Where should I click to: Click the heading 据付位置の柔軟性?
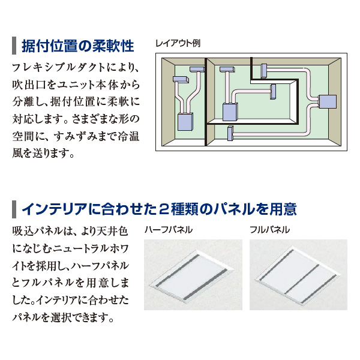(x=77, y=46)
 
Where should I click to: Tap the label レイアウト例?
(x=178, y=43)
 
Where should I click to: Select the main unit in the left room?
(x=185, y=122)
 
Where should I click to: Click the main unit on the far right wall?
(x=328, y=102)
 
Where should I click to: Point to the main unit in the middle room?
(x=230, y=112)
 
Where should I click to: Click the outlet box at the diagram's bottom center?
(x=230, y=133)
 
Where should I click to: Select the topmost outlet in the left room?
(x=197, y=70)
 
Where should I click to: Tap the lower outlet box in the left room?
(x=181, y=79)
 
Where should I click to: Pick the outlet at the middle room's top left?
(x=227, y=70)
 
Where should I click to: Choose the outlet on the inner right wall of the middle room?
(x=273, y=92)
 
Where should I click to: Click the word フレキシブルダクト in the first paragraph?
(x=56, y=68)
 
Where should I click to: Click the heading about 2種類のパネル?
(x=159, y=209)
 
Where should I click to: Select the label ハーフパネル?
(x=169, y=230)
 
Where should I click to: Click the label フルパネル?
(x=269, y=230)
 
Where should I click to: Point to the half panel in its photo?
(x=191, y=275)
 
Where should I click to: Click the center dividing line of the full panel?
(x=302, y=279)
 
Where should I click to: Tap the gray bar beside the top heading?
(x=14, y=46)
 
